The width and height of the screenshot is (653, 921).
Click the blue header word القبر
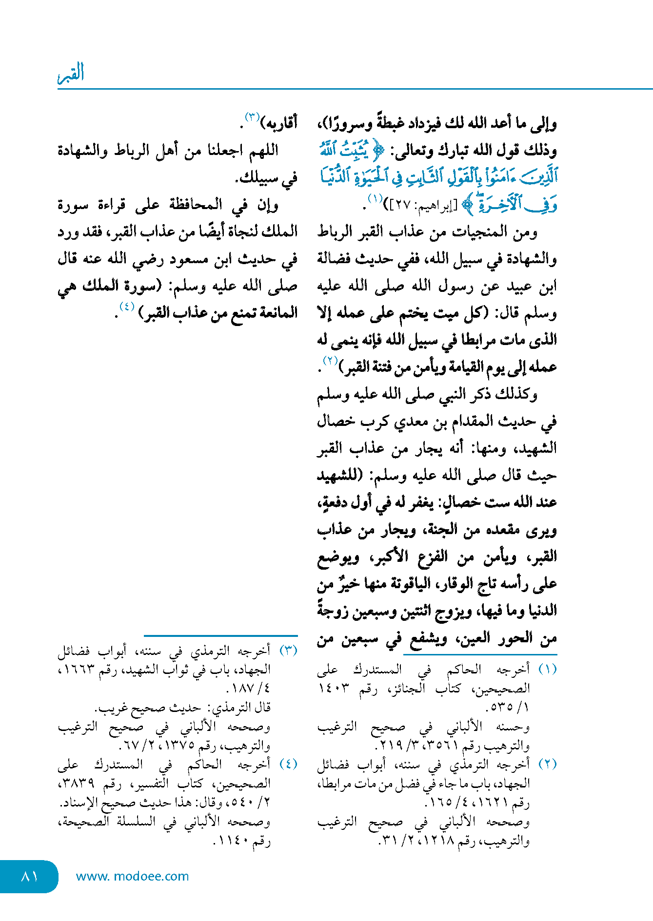[x=71, y=73]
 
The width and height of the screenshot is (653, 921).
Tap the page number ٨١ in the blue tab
[x=30, y=876]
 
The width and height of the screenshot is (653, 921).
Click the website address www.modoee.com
[x=132, y=876]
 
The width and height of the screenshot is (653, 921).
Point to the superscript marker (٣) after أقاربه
[x=252, y=117]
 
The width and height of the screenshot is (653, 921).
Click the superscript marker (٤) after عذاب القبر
[x=127, y=307]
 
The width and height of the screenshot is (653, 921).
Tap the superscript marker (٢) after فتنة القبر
[x=330, y=361]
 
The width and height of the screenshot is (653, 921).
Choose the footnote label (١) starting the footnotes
[x=547, y=669]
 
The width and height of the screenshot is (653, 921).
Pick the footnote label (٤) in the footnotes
[x=288, y=764]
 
